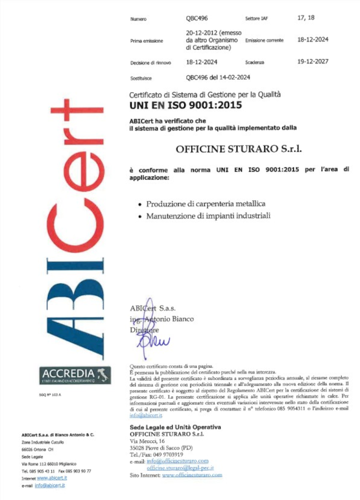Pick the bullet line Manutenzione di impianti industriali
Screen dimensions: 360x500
[x=208, y=215]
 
